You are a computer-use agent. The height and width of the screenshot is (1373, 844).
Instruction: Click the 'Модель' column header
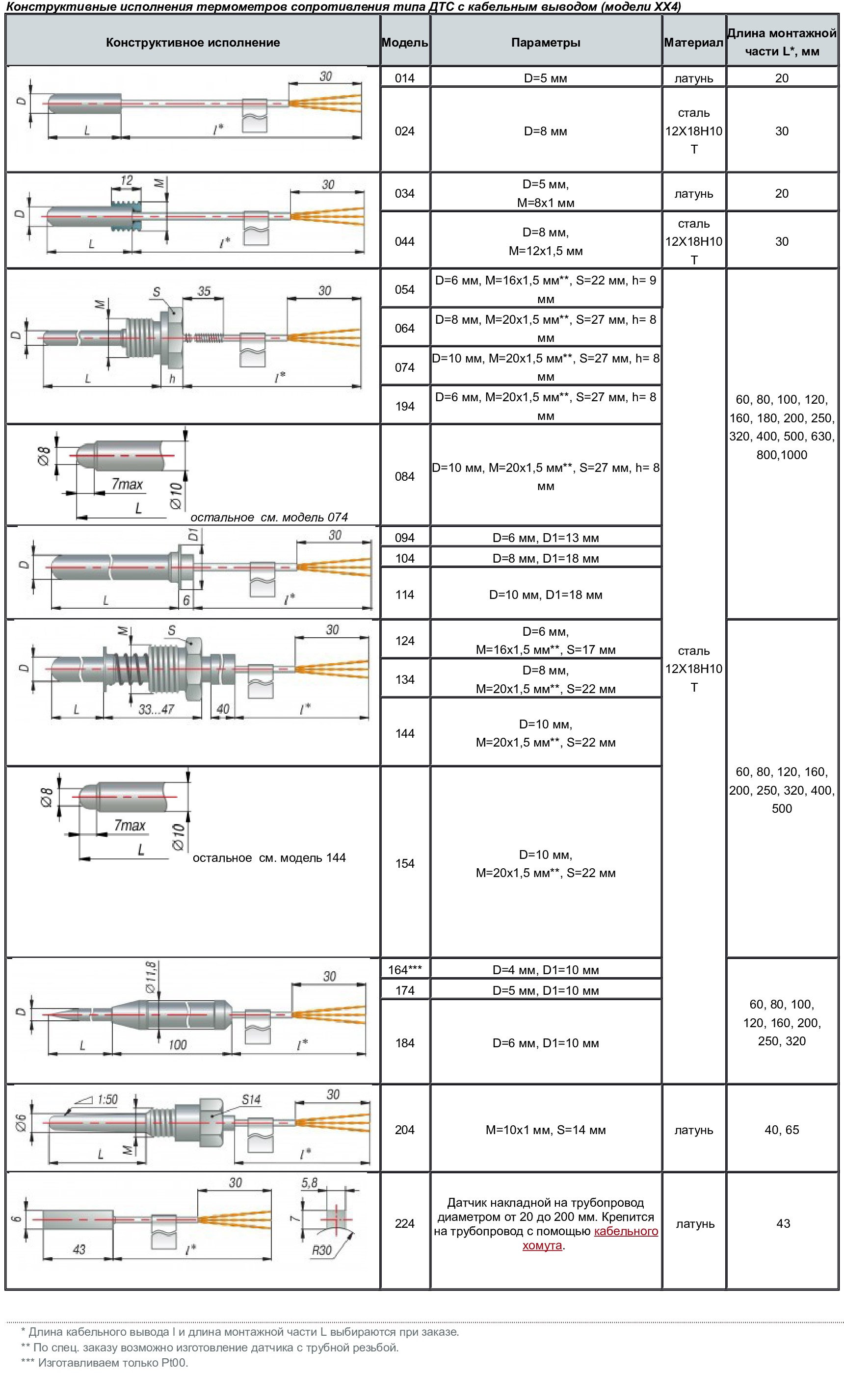coord(405,42)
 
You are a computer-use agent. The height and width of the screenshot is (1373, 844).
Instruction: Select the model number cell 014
coord(405,78)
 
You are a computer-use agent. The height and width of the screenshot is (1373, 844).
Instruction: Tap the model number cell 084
coord(405,476)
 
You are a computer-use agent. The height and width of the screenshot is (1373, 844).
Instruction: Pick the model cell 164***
coord(405,970)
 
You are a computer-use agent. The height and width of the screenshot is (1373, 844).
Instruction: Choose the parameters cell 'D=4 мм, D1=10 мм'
coord(545,970)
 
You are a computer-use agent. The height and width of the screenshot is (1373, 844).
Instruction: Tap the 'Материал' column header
coord(693,42)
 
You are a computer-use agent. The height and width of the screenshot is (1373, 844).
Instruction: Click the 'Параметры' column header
coord(545,42)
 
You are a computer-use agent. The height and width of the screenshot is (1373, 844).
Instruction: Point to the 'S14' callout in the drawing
coord(251,1100)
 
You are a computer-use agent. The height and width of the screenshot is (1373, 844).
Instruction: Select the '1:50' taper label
coord(107,1100)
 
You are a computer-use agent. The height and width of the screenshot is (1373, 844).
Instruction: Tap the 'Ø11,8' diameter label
coord(151,977)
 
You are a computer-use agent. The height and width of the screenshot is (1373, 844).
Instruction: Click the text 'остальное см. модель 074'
coord(269,517)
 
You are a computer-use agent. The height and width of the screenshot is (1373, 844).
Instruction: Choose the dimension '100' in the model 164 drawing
coord(178,1044)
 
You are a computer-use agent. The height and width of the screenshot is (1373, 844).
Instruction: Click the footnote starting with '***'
coord(105,1362)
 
